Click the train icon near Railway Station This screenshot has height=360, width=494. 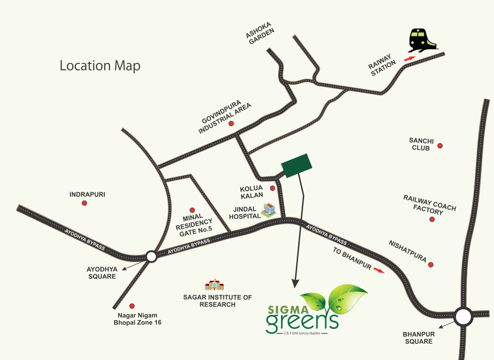(423, 40)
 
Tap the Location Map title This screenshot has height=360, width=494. (100, 65)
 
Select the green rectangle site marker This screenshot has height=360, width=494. (297, 165)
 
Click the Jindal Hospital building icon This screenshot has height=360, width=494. (269, 210)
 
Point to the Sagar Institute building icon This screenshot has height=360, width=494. (215, 285)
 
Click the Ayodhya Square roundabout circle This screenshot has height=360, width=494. (151, 256)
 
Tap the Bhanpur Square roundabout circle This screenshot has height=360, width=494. (463, 317)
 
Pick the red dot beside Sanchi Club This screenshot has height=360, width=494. (440, 146)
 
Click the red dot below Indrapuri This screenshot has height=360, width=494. (84, 203)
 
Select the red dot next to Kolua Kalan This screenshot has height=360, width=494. (273, 188)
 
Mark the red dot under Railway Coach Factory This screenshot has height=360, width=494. (432, 219)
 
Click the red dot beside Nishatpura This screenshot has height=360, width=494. (431, 265)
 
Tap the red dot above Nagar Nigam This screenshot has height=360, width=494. (131, 306)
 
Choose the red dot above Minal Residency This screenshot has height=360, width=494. (192, 210)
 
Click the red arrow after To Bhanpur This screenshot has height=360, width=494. (378, 270)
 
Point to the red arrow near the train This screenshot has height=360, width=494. (409, 59)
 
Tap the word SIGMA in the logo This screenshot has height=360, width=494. (281, 310)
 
